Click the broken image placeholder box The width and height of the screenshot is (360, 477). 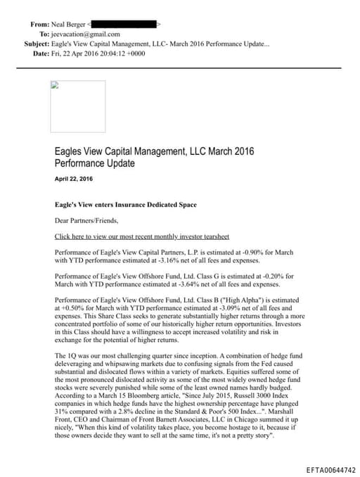(78, 106)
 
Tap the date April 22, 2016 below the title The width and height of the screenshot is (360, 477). (73, 179)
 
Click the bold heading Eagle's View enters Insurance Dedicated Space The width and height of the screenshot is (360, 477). (126, 205)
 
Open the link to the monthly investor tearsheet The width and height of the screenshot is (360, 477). (141, 236)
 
